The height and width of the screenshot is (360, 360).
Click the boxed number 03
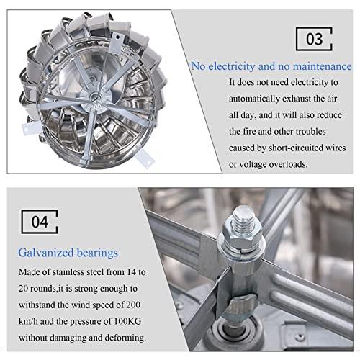click(314, 39)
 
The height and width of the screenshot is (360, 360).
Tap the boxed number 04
click(40, 222)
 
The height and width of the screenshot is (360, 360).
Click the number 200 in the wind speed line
click(133, 305)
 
